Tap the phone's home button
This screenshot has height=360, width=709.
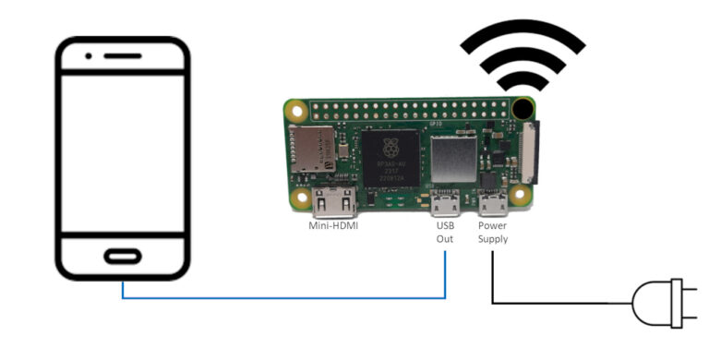click(x=123, y=256)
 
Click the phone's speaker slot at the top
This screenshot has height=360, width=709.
click(x=127, y=55)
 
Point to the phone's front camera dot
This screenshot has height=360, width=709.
click(x=89, y=55)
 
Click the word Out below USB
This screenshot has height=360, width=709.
click(x=444, y=239)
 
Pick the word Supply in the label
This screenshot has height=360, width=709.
click(x=493, y=239)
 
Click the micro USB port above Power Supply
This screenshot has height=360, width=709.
click(x=492, y=201)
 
